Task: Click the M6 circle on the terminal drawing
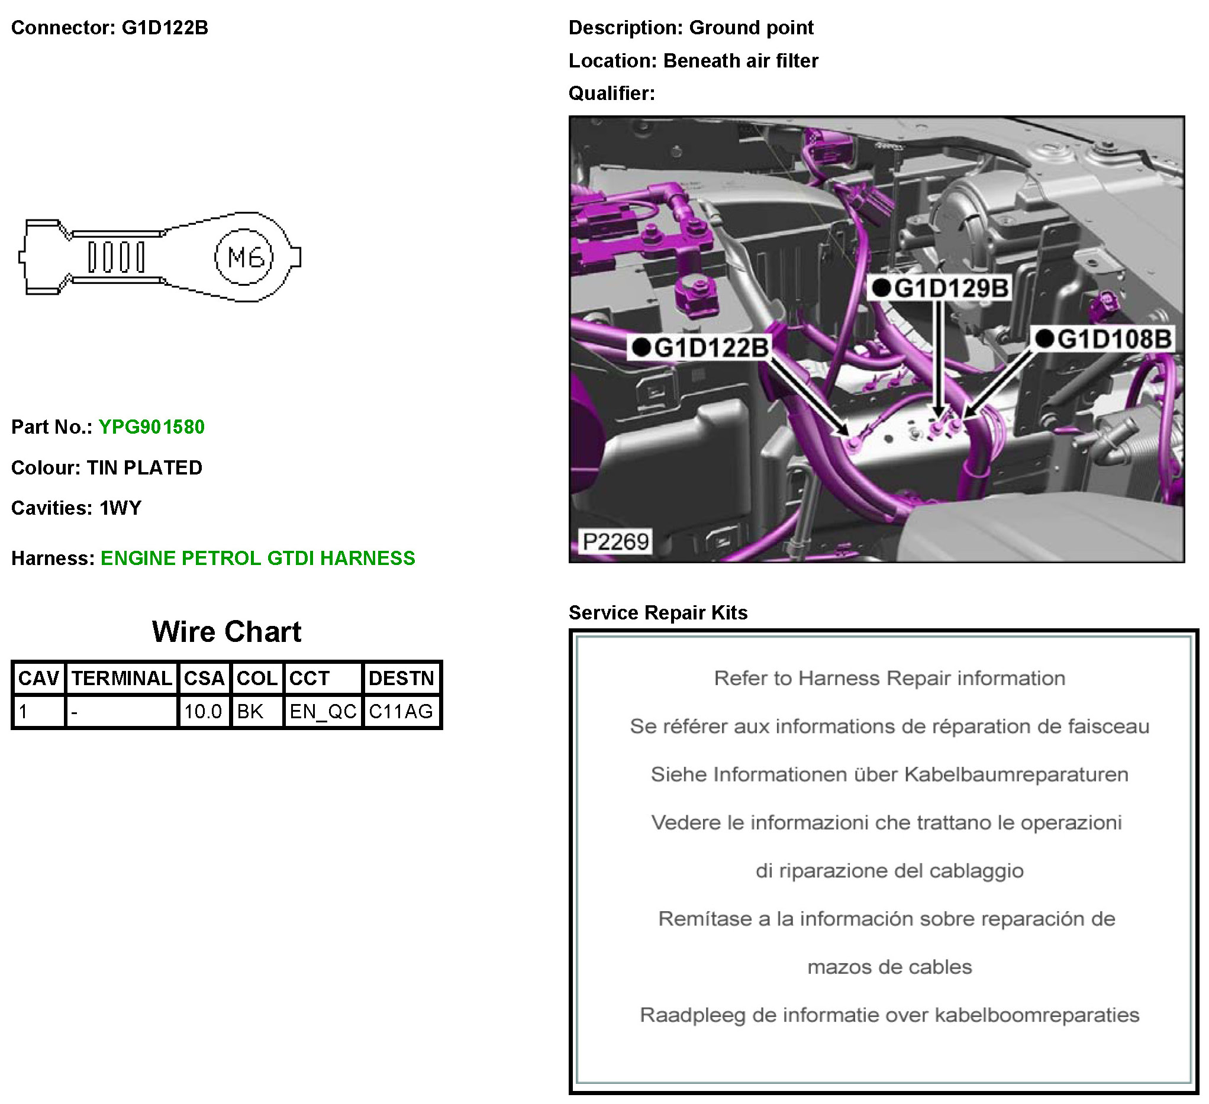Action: (x=244, y=257)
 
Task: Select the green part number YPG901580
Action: (x=151, y=427)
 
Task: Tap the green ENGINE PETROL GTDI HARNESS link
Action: (x=257, y=559)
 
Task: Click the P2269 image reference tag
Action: (x=615, y=542)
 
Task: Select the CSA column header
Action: (x=204, y=678)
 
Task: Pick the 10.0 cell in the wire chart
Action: (x=203, y=712)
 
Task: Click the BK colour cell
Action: (x=250, y=712)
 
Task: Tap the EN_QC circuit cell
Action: (x=323, y=712)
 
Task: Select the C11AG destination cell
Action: (x=401, y=712)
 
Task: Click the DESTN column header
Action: (x=401, y=678)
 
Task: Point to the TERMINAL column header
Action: (x=122, y=678)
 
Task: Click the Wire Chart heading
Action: (x=227, y=632)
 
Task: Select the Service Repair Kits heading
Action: (x=658, y=613)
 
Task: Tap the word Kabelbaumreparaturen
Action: (x=1016, y=775)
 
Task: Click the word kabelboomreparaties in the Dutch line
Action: (x=1037, y=1015)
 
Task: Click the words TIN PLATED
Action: (x=144, y=468)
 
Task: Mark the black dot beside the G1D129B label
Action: (x=881, y=288)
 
